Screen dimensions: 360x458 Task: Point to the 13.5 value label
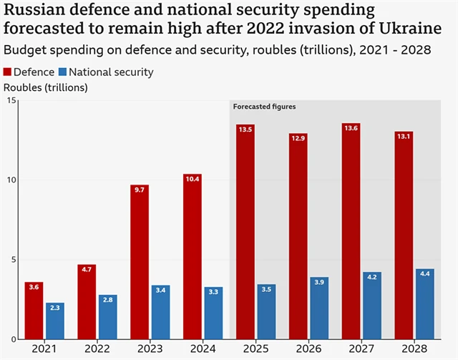245,130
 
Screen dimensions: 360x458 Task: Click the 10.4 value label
192,178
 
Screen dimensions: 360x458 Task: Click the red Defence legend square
9,72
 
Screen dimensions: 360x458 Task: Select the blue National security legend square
63,72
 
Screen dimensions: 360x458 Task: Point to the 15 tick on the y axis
11,100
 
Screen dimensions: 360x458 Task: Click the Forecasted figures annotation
264,107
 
